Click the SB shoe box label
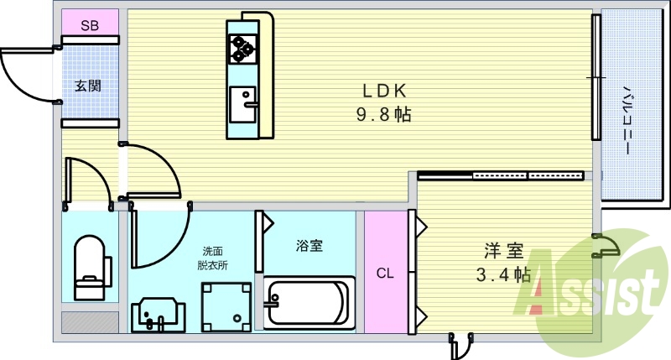tap(90, 26)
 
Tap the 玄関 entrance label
tap(87, 85)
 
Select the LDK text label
tap(386, 91)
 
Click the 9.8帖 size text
tap(386, 115)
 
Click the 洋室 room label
tap(503, 251)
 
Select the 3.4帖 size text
tap(503, 274)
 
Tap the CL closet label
tap(384, 273)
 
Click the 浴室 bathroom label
tap(309, 246)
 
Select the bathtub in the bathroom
tap(307, 303)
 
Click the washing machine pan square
tap(226, 306)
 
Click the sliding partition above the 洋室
tap(501, 176)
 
